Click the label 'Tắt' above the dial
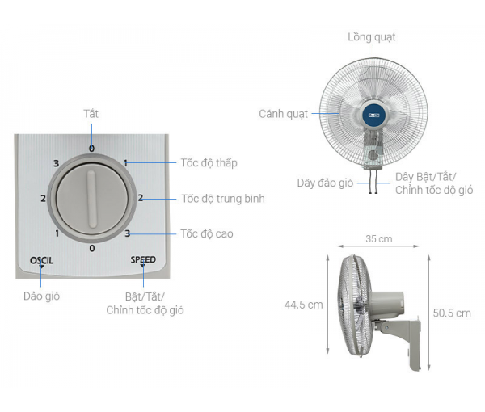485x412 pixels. tap(91, 114)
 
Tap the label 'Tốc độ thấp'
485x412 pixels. tap(209, 163)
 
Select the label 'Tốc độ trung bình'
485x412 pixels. tap(223, 199)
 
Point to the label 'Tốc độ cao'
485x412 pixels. tap(207, 233)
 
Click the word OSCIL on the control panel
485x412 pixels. tap(41, 260)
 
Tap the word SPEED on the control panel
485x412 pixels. tap(143, 259)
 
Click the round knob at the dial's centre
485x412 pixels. tap(92, 199)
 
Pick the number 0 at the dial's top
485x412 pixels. tap(91, 149)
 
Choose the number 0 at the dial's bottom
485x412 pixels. tap(92, 248)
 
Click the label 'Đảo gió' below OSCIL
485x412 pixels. tap(41, 296)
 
